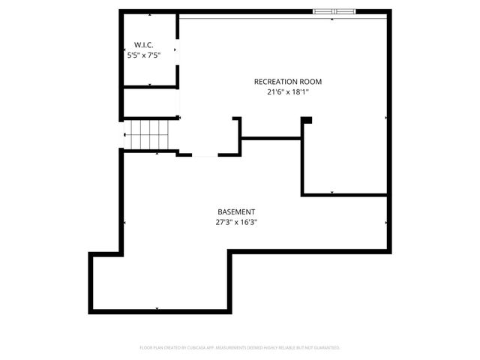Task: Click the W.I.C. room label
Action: pyautogui.click(x=145, y=45)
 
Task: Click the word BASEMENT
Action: pyautogui.click(x=237, y=211)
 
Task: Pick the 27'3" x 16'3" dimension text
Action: pyautogui.click(x=237, y=222)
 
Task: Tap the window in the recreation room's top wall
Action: pyautogui.click(x=334, y=11)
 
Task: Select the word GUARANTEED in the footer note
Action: pyautogui.click(x=325, y=348)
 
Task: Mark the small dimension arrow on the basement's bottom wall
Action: pyautogui.click(x=157, y=308)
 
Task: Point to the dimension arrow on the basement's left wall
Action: pyautogui.click(x=124, y=223)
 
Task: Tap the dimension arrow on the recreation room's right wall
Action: pyautogui.click(x=386, y=118)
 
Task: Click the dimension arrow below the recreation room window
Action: pyautogui.click(x=332, y=19)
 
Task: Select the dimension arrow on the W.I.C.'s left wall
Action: pyautogui.click(x=124, y=50)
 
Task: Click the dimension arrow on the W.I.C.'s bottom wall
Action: pyautogui.click(x=150, y=85)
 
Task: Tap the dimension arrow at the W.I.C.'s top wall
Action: pyautogui.click(x=150, y=14)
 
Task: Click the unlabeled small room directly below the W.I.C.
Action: pyautogui.click(x=149, y=103)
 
